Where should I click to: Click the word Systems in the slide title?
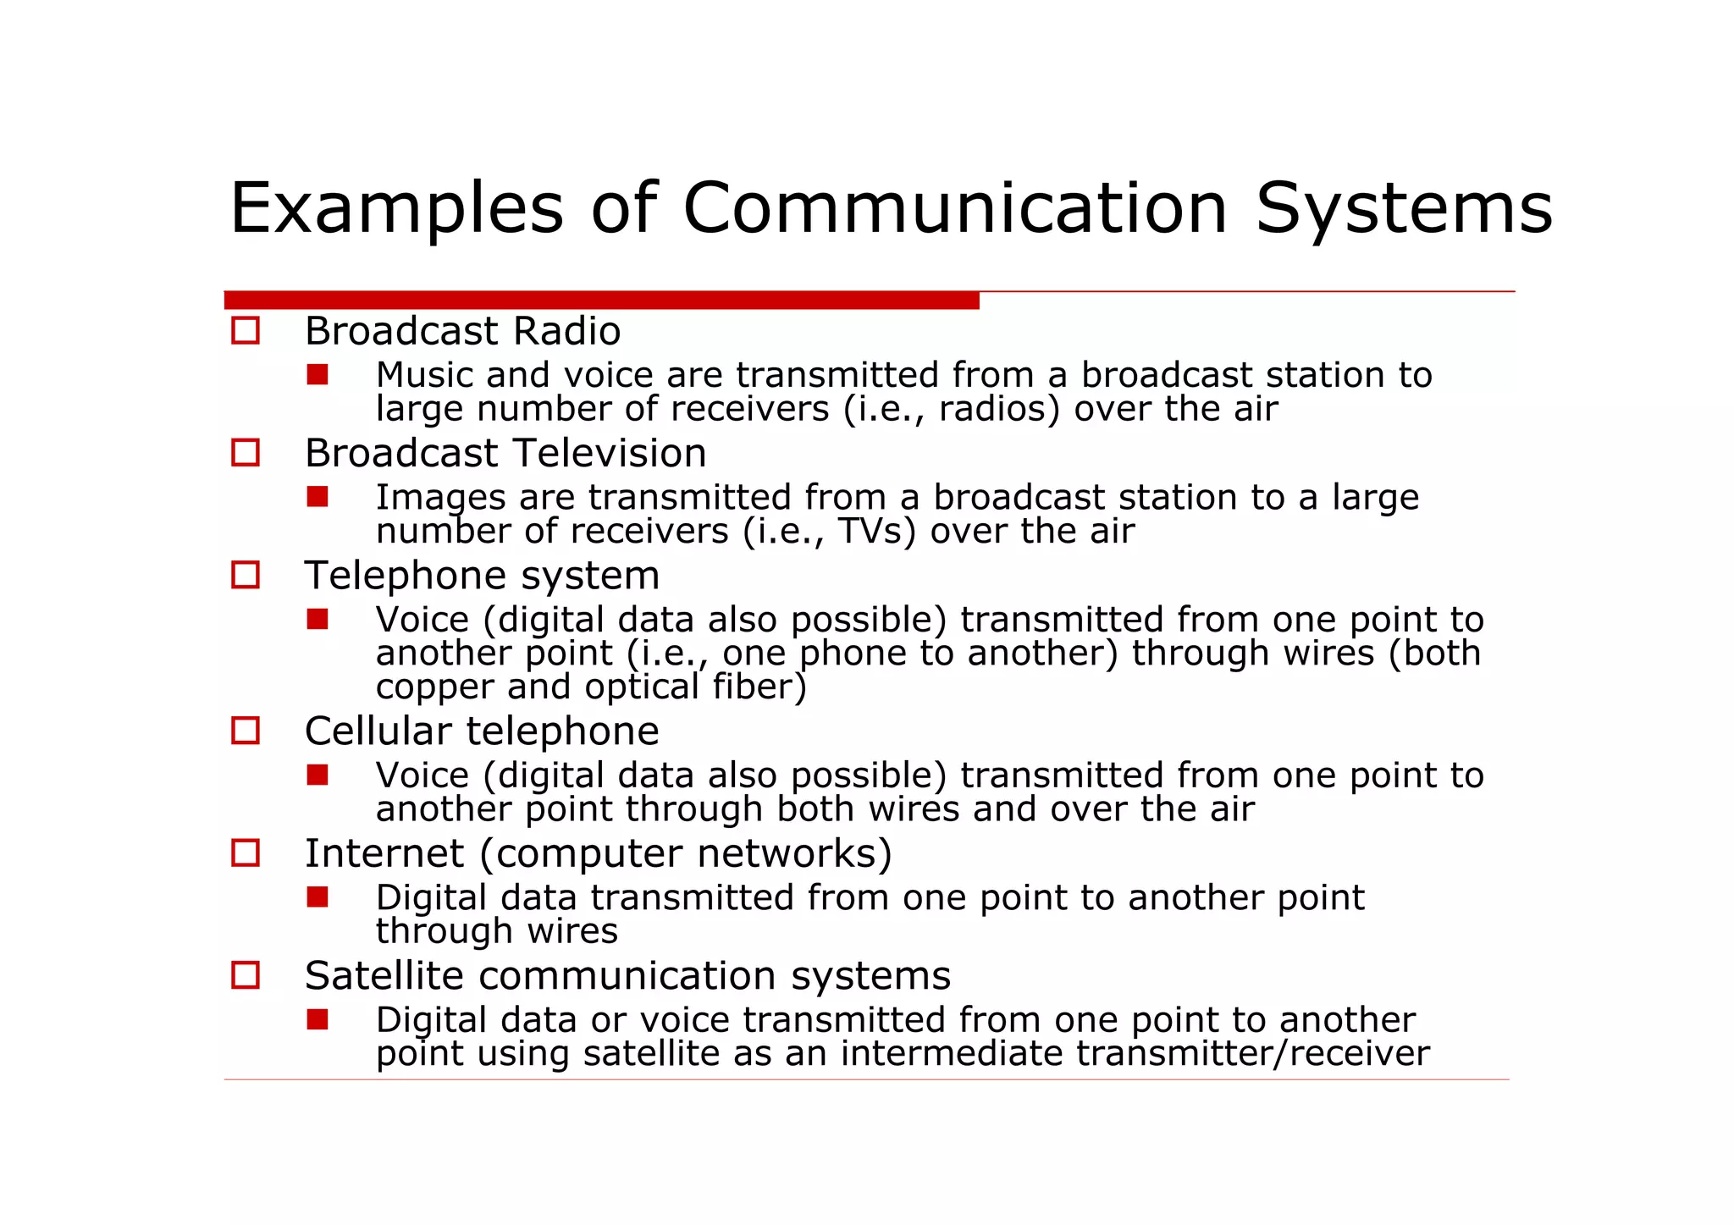coord(1404,208)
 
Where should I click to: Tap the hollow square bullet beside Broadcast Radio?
coord(246,330)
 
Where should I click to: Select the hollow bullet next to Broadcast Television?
coord(246,453)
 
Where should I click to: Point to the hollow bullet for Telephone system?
coord(246,576)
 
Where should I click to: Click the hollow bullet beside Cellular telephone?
coord(246,731)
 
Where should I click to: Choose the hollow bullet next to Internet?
coord(246,853)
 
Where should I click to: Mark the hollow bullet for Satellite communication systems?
coord(246,975)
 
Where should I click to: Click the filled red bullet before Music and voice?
coord(318,374)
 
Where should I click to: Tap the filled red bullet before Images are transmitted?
coord(318,496)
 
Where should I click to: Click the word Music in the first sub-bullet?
coord(424,375)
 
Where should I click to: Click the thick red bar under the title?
coord(601,301)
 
